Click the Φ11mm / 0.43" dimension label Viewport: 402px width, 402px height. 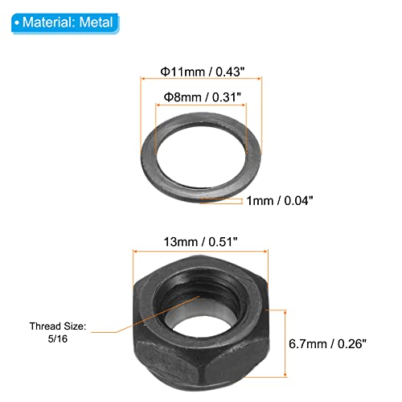pyautogui.click(x=202, y=72)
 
